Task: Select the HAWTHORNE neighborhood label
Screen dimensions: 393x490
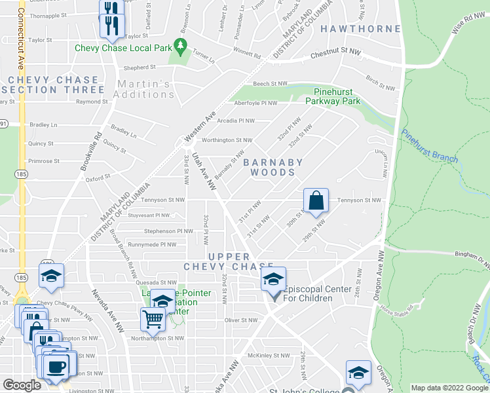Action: pyautogui.click(x=360, y=29)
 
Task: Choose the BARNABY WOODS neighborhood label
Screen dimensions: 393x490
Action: pyautogui.click(x=273, y=167)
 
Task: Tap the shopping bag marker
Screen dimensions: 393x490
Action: pyautogui.click(x=316, y=202)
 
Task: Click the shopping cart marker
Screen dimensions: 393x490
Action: pyautogui.click(x=153, y=320)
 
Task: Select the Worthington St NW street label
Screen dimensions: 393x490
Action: pyautogui.click(x=227, y=140)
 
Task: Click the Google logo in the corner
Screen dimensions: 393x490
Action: pyautogui.click(x=22, y=385)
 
